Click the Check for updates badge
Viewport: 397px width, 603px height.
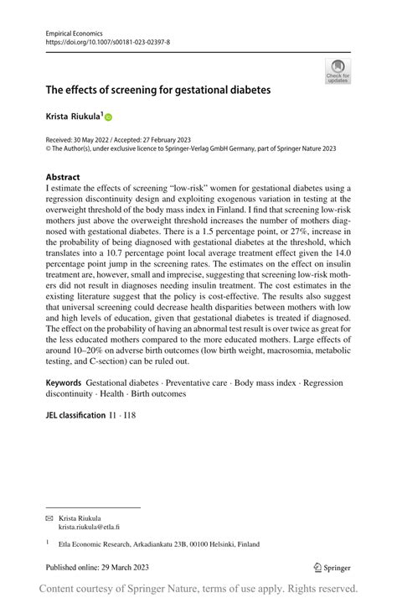click(x=338, y=70)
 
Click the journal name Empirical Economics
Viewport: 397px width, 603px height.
click(x=73, y=31)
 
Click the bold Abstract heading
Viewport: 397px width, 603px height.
click(x=63, y=177)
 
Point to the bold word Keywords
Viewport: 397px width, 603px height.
click(x=64, y=382)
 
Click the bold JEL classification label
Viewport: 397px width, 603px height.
click(x=75, y=414)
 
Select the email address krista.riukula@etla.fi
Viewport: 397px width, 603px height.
click(x=89, y=527)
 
